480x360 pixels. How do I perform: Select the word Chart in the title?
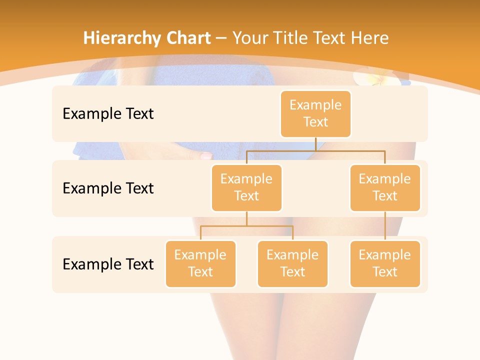[x=187, y=38]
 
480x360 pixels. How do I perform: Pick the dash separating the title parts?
[x=221, y=38]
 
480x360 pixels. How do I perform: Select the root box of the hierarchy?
[x=315, y=113]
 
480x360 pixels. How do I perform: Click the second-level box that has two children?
[x=246, y=187]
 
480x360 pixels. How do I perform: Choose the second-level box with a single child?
[x=385, y=187]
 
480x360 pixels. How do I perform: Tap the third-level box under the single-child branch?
[x=385, y=263]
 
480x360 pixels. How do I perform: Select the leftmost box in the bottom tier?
[x=200, y=263]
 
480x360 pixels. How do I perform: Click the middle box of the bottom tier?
[x=292, y=263]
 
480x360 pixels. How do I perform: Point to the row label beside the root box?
[x=108, y=113]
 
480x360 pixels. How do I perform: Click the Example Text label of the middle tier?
[x=108, y=188]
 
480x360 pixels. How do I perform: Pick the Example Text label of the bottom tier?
[x=108, y=264]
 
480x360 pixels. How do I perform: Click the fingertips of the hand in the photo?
[x=205, y=156]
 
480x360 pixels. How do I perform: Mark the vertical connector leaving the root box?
[x=315, y=143]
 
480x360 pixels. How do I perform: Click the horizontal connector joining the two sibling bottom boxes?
[x=246, y=226]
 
